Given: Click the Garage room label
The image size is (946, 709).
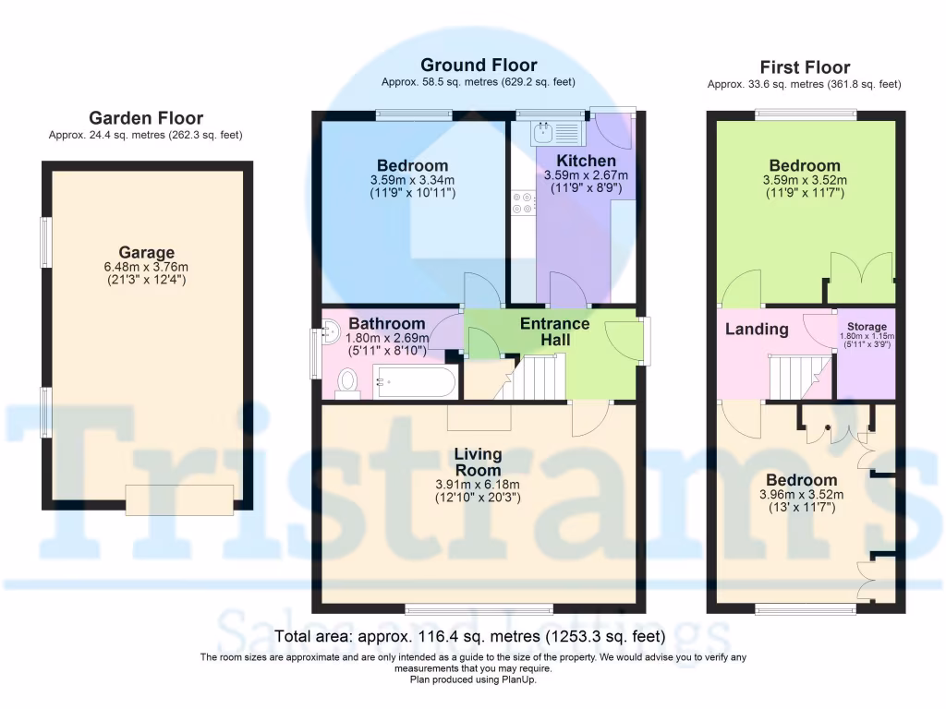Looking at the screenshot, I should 146,252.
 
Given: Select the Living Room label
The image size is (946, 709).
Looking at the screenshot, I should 478,462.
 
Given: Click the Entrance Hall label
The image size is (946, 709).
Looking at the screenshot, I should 554,331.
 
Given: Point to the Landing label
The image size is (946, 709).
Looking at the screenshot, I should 757,329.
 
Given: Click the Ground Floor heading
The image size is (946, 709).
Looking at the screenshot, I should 479,66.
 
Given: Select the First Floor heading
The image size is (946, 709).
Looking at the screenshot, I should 805,67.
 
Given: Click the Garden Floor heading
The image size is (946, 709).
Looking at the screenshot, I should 146,118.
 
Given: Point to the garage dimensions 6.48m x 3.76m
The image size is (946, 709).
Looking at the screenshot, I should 146,267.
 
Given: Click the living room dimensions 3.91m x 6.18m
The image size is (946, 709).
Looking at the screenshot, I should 478,484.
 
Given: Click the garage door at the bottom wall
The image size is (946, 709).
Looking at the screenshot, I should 179,499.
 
